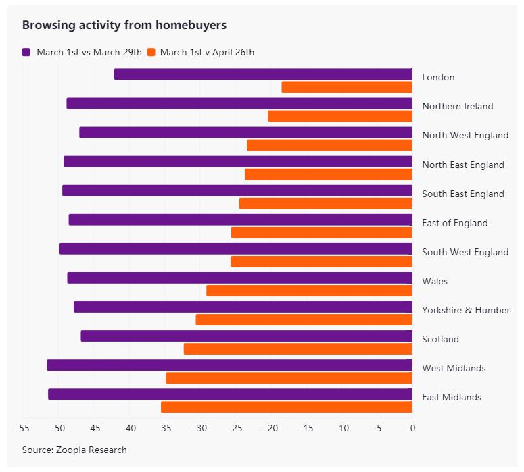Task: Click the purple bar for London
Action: pyautogui.click(x=263, y=74)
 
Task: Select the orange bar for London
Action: pyautogui.click(x=347, y=87)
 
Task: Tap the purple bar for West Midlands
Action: pyautogui.click(x=229, y=365)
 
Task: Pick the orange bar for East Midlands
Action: pyautogui.click(x=287, y=407)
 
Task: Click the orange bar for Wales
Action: pyautogui.click(x=309, y=291)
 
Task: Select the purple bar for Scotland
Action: pyautogui.click(x=246, y=336)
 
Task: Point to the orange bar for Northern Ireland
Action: pyautogui.click(x=340, y=116)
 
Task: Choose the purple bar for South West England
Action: pyautogui.click(x=236, y=249)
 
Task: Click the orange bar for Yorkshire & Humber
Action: pyautogui.click(x=304, y=320)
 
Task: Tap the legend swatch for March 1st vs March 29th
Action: pyautogui.click(x=26, y=52)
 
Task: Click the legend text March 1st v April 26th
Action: pyautogui.click(x=207, y=52)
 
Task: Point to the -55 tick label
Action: pyautogui.click(x=22, y=428)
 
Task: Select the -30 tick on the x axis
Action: pyautogui.click(x=199, y=428)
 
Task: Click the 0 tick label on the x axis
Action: pyautogui.click(x=412, y=428)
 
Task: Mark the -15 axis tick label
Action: pyautogui.click(x=306, y=428)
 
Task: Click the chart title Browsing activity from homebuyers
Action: pyautogui.click(x=124, y=25)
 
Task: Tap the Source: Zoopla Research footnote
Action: pyautogui.click(x=74, y=450)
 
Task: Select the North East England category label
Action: pyautogui.click(x=463, y=165)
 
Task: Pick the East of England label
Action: pyautogui.click(x=455, y=223)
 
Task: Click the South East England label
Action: pyautogui.click(x=463, y=194)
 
